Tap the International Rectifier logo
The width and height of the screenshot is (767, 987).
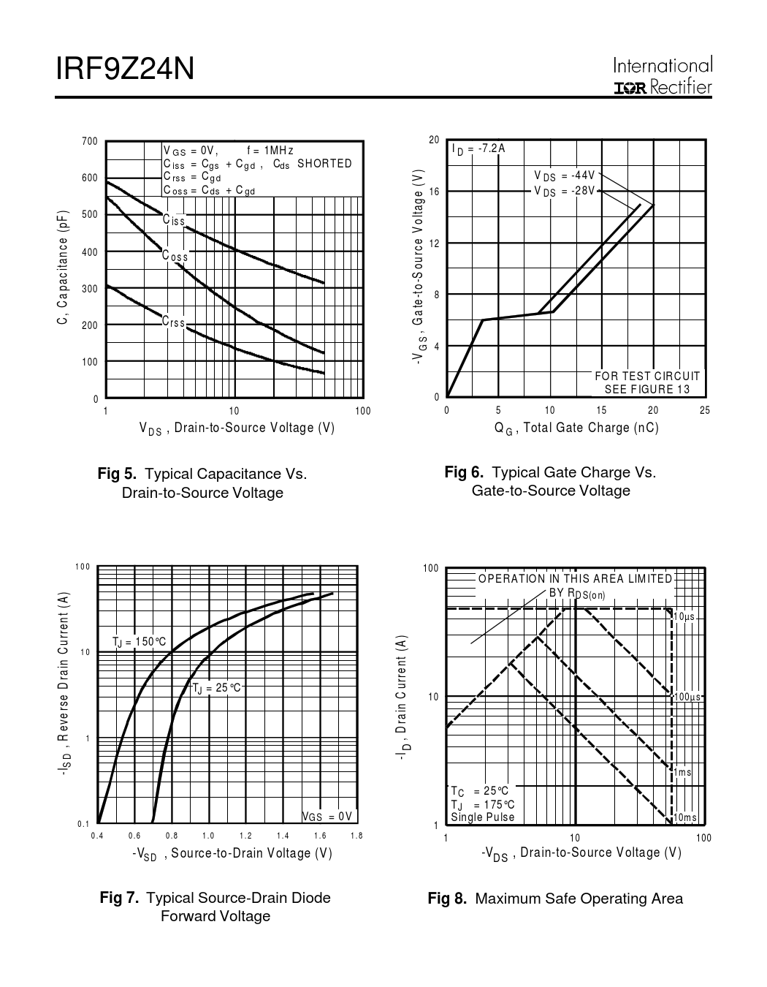coord(663,76)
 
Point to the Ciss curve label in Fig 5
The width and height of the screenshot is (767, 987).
coord(174,220)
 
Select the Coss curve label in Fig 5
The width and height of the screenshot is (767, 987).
coord(175,257)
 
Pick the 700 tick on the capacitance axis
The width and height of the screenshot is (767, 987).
coord(90,141)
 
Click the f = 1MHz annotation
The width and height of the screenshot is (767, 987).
coord(270,151)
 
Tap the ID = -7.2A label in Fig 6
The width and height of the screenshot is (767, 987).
coord(478,149)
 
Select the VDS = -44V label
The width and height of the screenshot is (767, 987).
coord(565,176)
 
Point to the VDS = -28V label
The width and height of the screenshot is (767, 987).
coord(565,191)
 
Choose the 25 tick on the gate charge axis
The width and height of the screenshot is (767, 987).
coord(705,410)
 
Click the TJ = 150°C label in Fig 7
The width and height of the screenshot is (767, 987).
coord(139,642)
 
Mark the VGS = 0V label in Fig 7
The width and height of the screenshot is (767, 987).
coord(327,817)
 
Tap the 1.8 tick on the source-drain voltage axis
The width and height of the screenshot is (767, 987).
coord(356,836)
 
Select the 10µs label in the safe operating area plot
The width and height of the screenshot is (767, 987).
coord(684,617)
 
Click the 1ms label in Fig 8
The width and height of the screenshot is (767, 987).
coord(682,772)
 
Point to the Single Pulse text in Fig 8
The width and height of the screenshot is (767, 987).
coord(483,817)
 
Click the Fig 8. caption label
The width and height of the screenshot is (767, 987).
coord(446,899)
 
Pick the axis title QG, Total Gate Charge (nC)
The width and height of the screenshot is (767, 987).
coord(576,428)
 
